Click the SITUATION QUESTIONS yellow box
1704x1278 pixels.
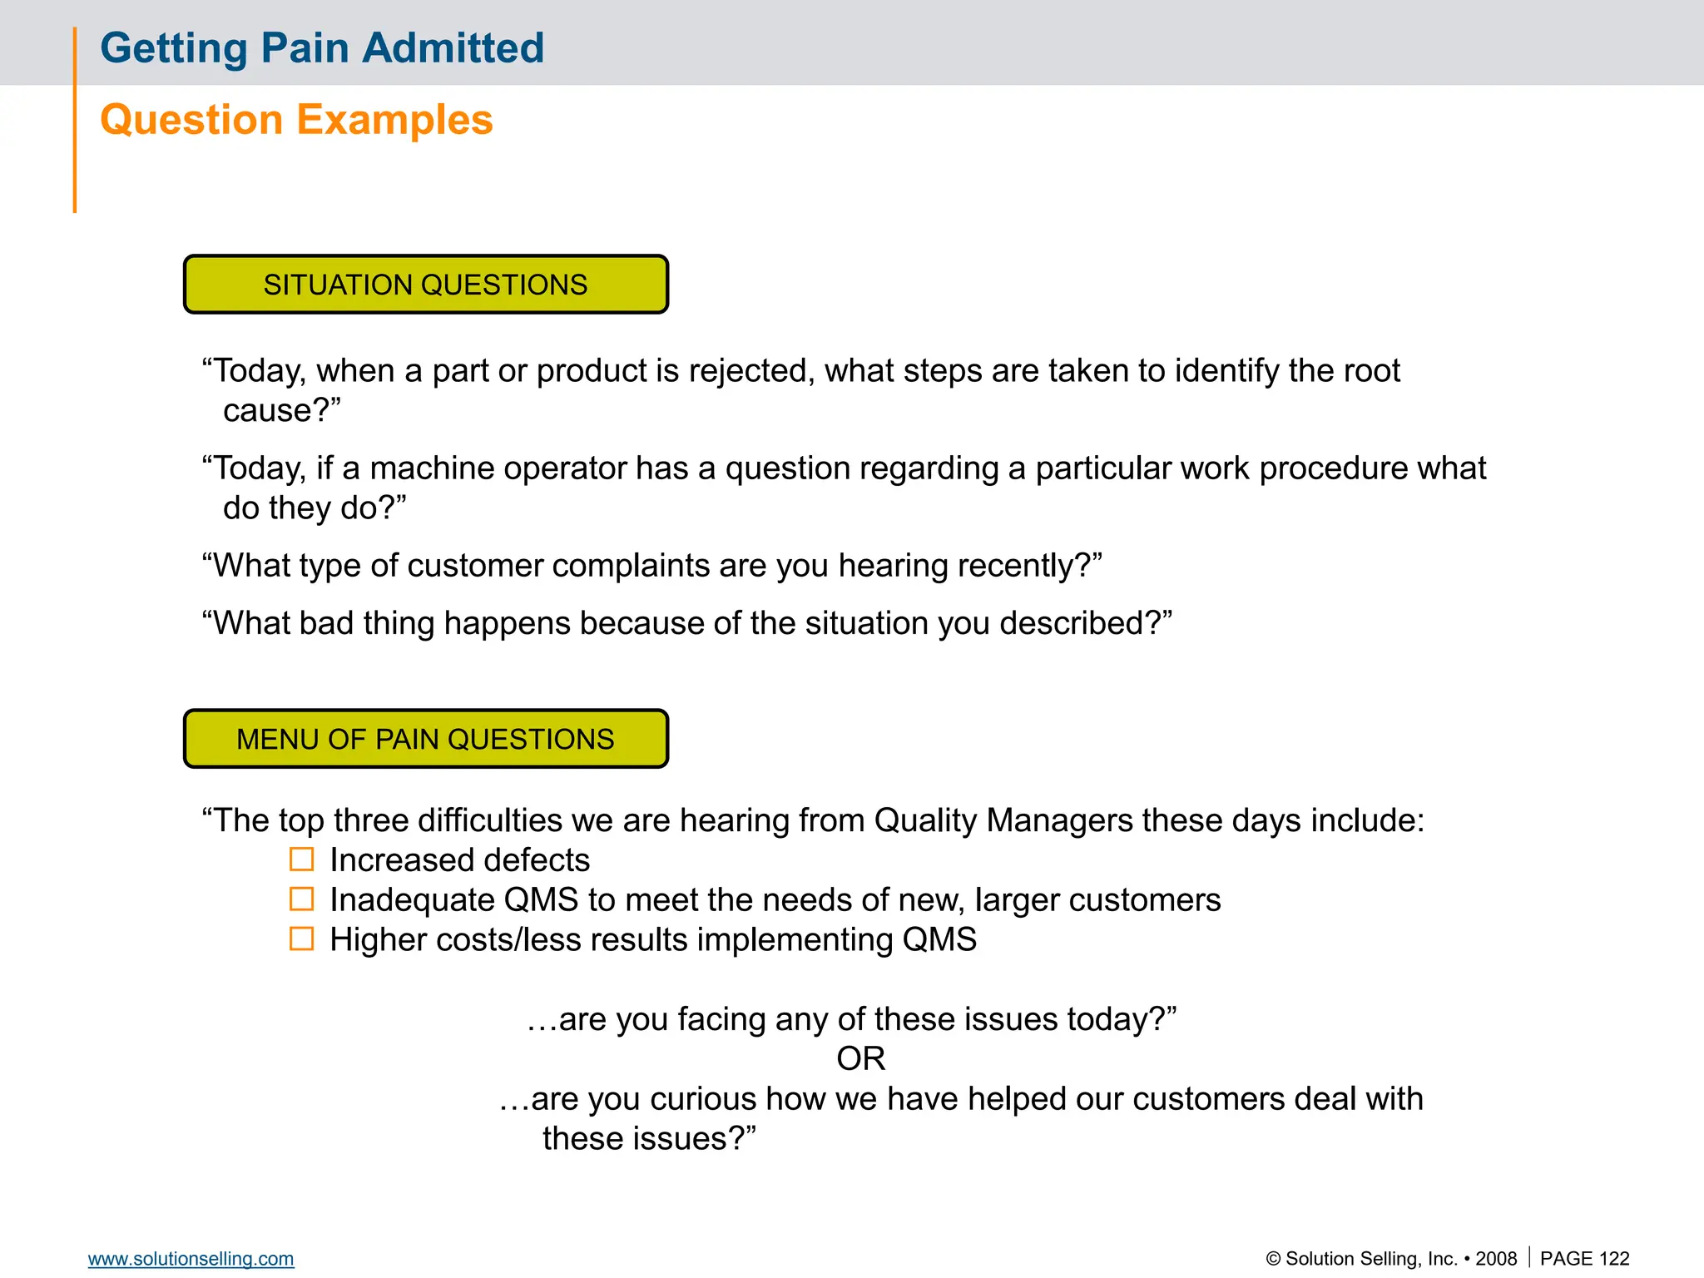click(x=425, y=285)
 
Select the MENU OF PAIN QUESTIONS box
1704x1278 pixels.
click(x=425, y=739)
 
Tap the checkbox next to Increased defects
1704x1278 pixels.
click(x=301, y=859)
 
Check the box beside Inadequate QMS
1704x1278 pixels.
click(x=301, y=899)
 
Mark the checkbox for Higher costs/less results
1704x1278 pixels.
click(x=301, y=939)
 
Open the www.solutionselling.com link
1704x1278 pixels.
click(x=191, y=1258)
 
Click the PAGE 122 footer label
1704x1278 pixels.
click(x=1584, y=1258)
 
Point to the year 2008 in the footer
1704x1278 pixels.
click(x=1496, y=1258)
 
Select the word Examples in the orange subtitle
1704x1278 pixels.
click(x=394, y=119)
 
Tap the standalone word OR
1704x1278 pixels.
click(x=860, y=1058)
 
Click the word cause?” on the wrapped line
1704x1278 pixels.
click(x=281, y=411)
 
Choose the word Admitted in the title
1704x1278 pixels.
click(x=453, y=47)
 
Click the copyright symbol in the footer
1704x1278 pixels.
click(x=1273, y=1259)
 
